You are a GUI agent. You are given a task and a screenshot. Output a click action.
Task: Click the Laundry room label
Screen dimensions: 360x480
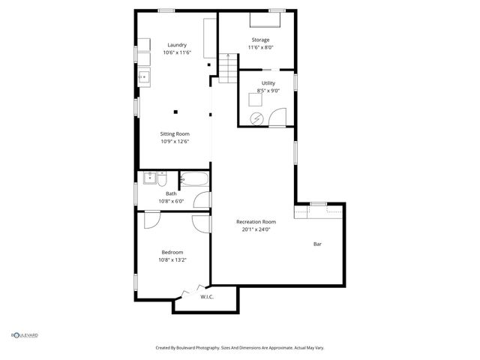[x=177, y=44]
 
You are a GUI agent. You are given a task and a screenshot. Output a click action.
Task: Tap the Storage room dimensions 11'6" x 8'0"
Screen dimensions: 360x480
[x=260, y=47]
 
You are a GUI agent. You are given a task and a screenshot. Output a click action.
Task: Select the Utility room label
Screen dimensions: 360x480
[x=268, y=82]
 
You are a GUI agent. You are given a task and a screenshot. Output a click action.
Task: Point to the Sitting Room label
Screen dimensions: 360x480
[x=175, y=133]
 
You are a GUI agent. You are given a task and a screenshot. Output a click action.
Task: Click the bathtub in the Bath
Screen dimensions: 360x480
[x=193, y=179]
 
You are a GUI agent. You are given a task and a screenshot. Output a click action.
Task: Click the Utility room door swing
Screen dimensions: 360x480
[x=278, y=117]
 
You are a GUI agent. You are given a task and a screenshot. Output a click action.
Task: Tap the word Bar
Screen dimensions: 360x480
[x=317, y=244]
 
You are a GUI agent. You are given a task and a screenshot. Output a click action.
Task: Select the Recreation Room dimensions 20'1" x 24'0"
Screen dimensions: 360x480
[x=256, y=229]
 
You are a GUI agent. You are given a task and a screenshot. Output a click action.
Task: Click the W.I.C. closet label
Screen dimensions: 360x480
[x=207, y=297]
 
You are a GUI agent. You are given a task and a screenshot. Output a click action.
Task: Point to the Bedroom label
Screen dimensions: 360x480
[x=172, y=252]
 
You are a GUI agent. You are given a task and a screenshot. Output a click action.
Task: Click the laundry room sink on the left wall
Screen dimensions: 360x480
[x=142, y=76]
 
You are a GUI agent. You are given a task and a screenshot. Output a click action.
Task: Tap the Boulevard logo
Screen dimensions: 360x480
[x=24, y=335]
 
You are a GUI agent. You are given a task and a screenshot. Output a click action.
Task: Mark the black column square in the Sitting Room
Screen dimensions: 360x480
[x=175, y=112]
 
